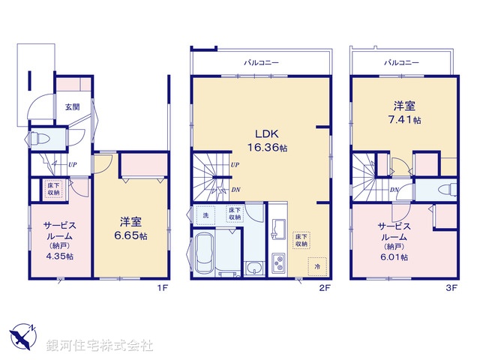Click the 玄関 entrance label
pos(72,106)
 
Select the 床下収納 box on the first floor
pos(55,188)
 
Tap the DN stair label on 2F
pos(235,190)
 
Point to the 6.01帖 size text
pos(394,256)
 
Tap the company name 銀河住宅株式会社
pos(100,346)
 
